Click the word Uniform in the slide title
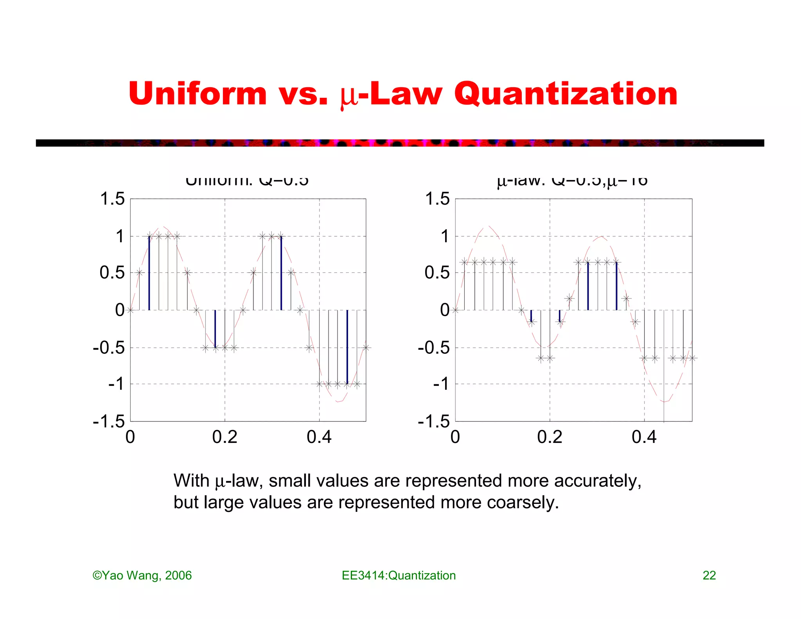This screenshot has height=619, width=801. click(x=198, y=94)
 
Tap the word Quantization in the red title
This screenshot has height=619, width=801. click(x=566, y=94)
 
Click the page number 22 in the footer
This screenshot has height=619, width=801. click(x=709, y=575)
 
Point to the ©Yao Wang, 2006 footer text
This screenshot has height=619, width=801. click(x=142, y=575)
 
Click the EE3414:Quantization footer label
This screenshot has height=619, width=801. click(x=399, y=575)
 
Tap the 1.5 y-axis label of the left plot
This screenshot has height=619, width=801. click(x=112, y=199)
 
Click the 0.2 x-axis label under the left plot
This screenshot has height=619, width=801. click(x=224, y=437)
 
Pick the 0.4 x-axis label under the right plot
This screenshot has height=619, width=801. click(x=644, y=437)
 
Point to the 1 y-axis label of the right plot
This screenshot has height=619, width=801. click(x=445, y=236)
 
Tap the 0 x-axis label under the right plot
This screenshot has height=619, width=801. click(x=455, y=437)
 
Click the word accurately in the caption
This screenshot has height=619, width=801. click(x=598, y=481)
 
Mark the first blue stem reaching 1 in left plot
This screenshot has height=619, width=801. click(x=149, y=274)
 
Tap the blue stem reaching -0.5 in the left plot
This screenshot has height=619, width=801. click(x=215, y=329)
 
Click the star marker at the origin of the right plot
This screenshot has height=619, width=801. click(x=455, y=310)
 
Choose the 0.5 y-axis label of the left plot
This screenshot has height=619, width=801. click(x=112, y=273)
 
